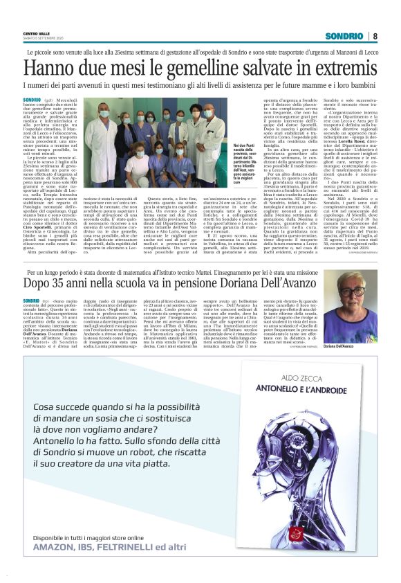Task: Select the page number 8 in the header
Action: (x=374, y=36)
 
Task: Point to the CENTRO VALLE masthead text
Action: (x=35, y=33)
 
